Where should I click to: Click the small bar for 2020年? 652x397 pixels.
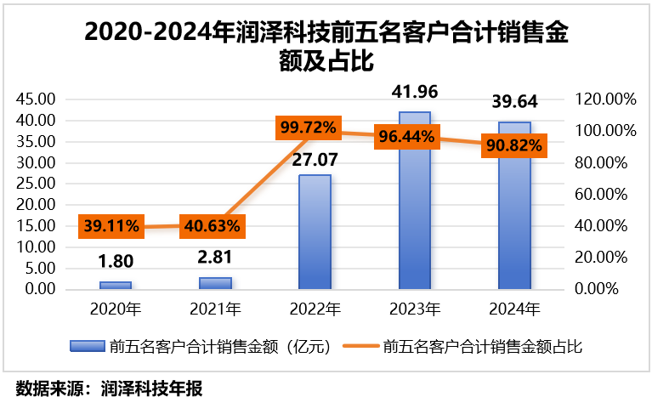(x=116, y=286)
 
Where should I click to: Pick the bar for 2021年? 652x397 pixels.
(x=215, y=283)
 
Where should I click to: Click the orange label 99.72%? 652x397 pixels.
(x=308, y=128)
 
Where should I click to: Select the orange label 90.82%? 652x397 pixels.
(x=513, y=144)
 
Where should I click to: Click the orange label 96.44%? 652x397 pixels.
(x=407, y=135)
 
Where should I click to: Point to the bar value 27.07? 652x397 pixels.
(x=315, y=160)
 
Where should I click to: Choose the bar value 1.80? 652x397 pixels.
(x=116, y=262)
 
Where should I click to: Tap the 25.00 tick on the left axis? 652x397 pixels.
(x=37, y=184)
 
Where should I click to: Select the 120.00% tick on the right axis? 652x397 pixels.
(x=606, y=99)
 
